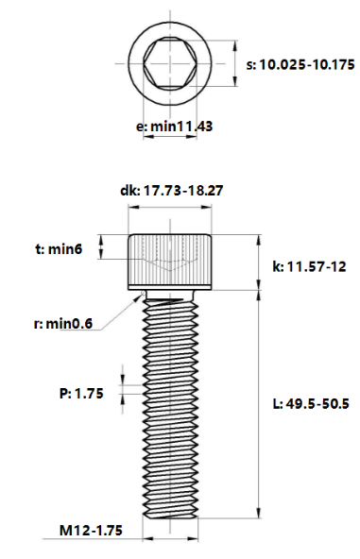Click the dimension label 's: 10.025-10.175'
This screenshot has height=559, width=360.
click(300, 65)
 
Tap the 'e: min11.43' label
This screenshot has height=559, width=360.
click(173, 126)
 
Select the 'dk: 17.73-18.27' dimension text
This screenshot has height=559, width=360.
click(171, 191)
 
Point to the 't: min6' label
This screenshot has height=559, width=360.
click(60, 249)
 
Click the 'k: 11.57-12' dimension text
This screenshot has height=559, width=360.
click(306, 267)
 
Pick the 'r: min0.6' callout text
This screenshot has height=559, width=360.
click(62, 324)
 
